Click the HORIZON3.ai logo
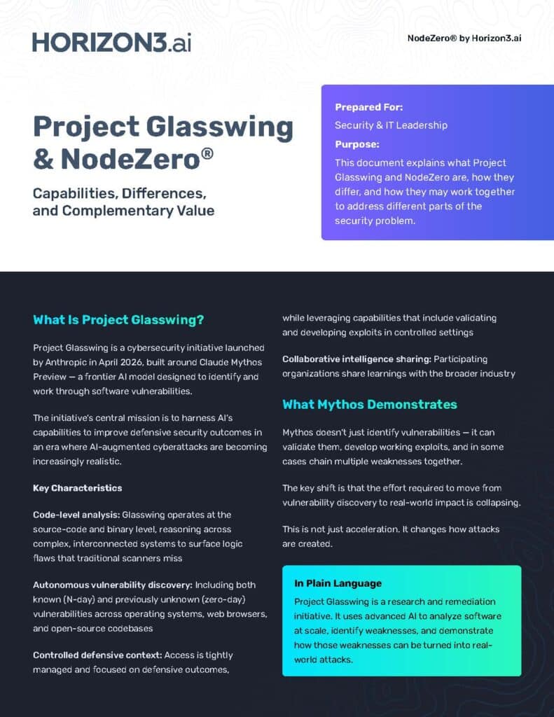[111, 41]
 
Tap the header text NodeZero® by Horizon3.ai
[464, 38]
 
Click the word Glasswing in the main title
[222, 127]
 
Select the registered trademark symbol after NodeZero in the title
[207, 151]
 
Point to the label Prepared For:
[368, 107]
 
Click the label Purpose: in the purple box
[356, 144]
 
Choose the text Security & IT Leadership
[391, 125]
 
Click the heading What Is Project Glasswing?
[118, 320]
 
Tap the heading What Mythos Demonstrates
[369, 405]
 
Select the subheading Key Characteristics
[77, 488]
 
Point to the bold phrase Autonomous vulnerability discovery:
[112, 585]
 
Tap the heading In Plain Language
[338, 583]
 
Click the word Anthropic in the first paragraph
[71, 363]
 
